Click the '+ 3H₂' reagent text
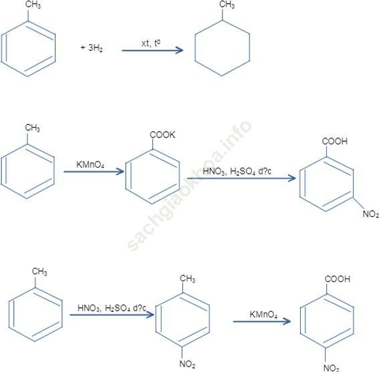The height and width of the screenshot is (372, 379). pos(92,47)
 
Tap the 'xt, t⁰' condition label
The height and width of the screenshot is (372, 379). pos(151,43)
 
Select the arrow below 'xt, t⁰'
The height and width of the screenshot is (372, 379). pos(152,50)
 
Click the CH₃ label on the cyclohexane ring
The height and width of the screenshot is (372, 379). pos(227,5)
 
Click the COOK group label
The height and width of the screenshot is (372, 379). pos(162,135)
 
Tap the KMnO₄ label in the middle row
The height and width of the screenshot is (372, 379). pos(90,165)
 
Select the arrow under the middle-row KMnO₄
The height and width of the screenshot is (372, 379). pos(94,172)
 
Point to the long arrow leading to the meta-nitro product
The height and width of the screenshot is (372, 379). pos(241,178)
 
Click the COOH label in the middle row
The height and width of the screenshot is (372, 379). pos(334,141)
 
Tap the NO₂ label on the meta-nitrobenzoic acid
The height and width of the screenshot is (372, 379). pos(370,214)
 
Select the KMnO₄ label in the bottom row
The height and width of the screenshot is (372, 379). pos(263,315)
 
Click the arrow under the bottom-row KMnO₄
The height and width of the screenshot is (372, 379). pos(262,321)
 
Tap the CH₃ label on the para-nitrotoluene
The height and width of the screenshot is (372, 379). pos(188,278)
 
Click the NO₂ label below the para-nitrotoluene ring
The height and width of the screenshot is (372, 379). pos(187,364)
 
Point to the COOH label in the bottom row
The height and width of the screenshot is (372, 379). pos(338,279)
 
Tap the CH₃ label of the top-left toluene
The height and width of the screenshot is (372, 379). pos(33,5)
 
